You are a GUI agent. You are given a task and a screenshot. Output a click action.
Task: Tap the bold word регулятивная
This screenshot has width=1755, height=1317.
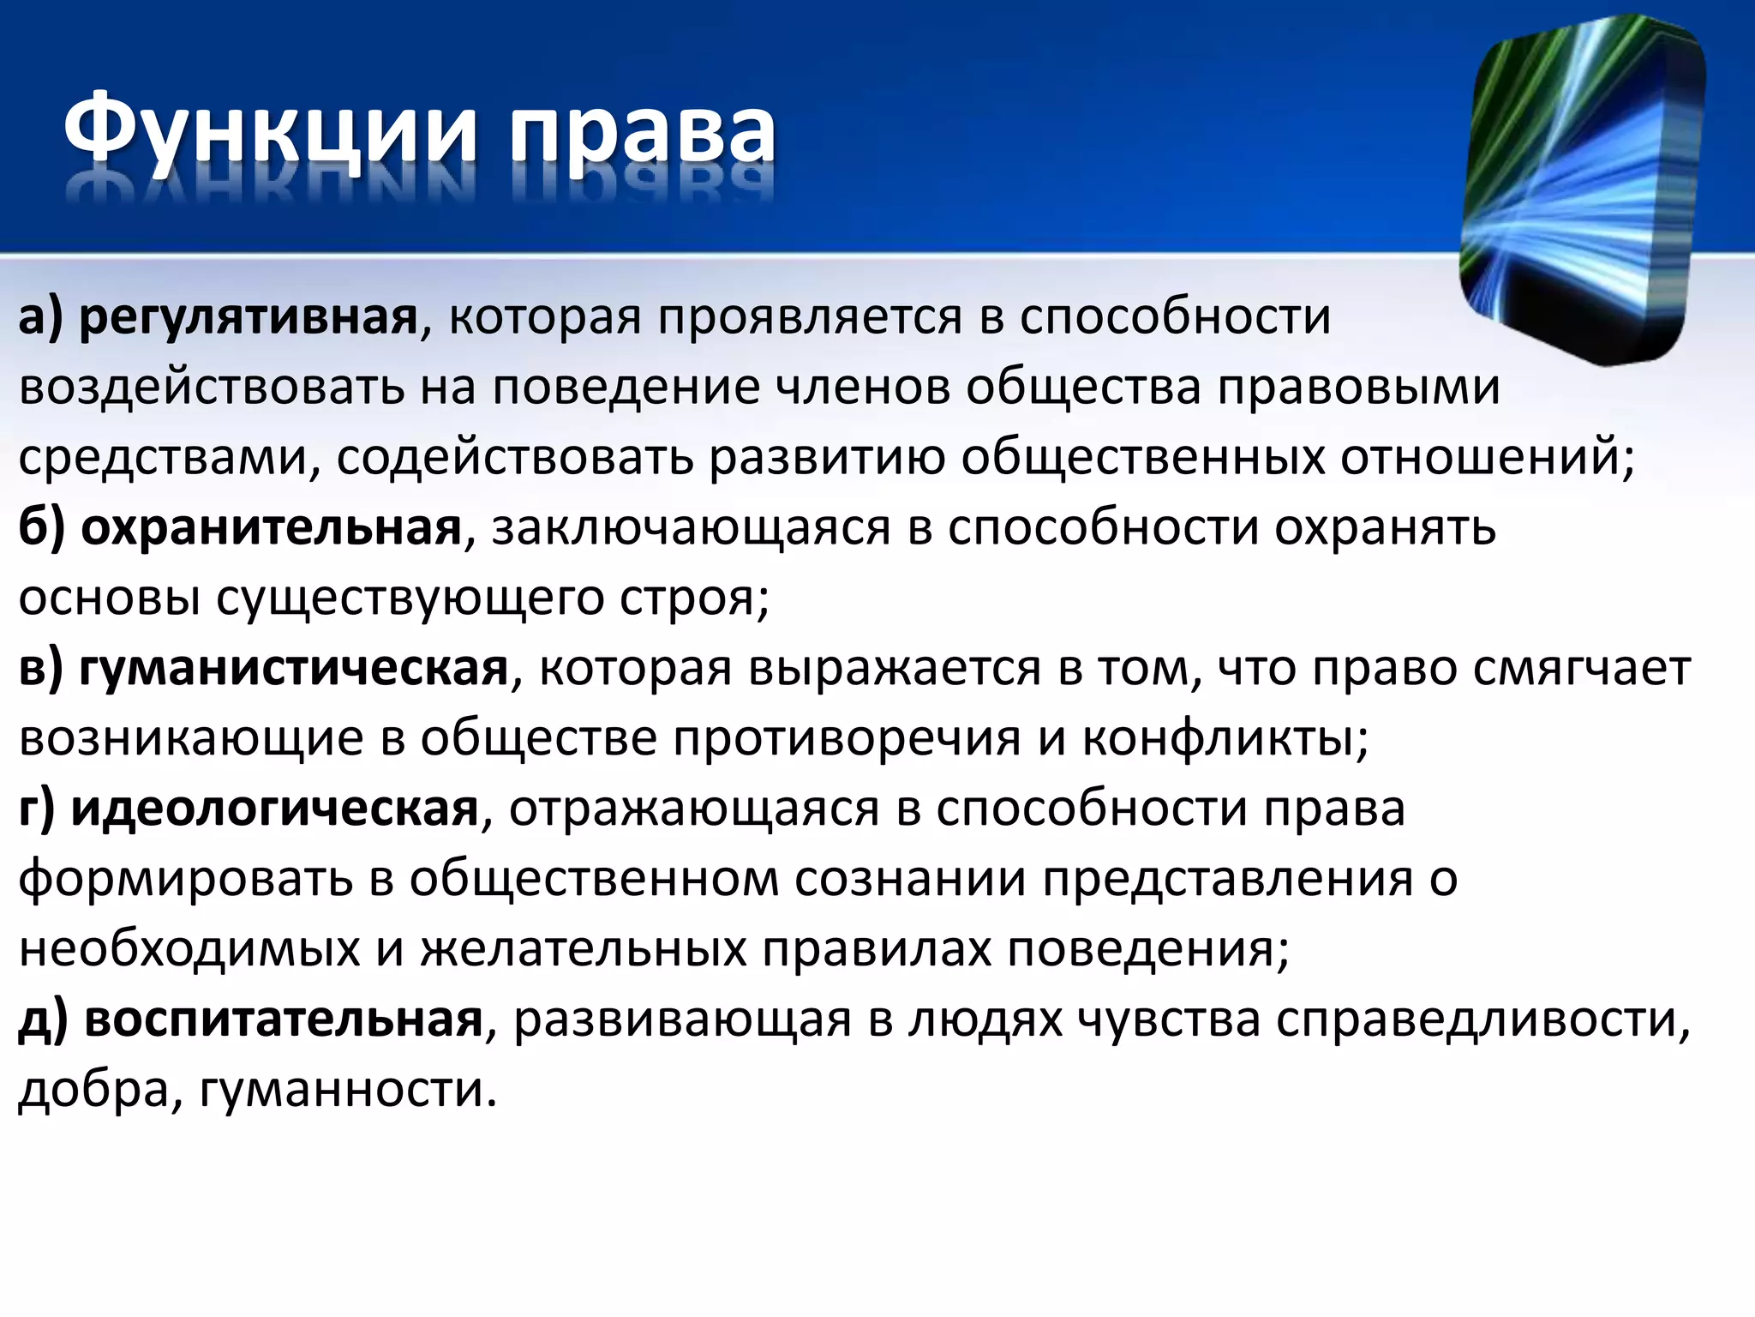tap(249, 318)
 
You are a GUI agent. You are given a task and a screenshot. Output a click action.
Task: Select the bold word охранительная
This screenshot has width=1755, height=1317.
tap(272, 528)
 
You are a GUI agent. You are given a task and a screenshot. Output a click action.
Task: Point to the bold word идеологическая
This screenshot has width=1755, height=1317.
tap(274, 809)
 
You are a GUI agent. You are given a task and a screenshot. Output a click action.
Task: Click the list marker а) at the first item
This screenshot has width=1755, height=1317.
tap(41, 318)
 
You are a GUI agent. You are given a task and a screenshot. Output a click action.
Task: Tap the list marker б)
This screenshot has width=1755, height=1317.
tap(42, 528)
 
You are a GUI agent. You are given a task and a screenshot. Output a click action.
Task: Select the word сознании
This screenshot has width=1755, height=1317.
tap(909, 879)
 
